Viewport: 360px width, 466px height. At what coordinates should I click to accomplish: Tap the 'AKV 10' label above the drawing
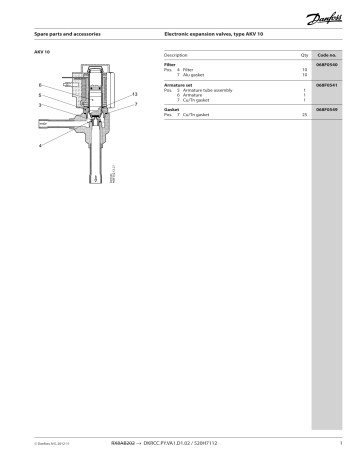(42, 48)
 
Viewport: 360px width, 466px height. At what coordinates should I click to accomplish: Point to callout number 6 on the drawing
(39, 85)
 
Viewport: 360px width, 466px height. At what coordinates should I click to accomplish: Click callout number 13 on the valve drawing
(133, 92)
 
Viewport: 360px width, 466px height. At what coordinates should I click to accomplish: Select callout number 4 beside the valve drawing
(39, 146)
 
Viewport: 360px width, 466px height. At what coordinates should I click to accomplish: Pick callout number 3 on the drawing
(39, 105)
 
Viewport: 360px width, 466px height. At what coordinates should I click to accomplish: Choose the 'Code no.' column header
(327, 54)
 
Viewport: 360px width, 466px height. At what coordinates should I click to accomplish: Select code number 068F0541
(327, 85)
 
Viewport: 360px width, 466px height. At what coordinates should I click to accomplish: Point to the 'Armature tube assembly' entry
(204, 90)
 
